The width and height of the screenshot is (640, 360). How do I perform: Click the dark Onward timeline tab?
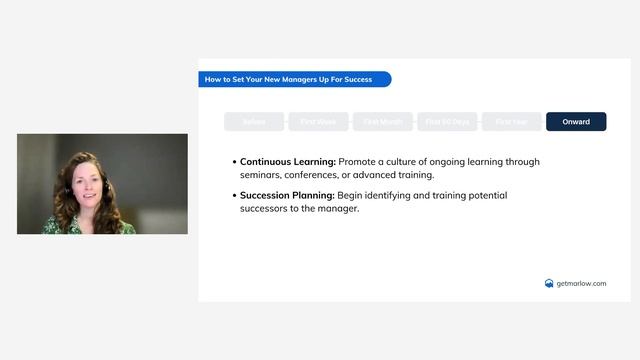click(x=576, y=122)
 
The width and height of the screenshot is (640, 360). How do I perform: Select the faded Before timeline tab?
click(x=254, y=122)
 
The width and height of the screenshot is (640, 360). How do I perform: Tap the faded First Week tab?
click(x=318, y=122)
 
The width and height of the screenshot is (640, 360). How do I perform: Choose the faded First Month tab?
click(x=383, y=122)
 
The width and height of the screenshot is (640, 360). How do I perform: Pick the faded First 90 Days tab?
click(x=447, y=122)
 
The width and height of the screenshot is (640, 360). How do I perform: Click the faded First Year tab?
click(x=511, y=122)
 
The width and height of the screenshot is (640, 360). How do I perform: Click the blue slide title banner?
click(x=294, y=79)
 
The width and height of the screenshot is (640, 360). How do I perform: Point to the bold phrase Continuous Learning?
click(x=288, y=161)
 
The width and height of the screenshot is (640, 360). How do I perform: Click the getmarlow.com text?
click(x=581, y=283)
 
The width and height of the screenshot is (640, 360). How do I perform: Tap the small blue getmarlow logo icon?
click(x=549, y=283)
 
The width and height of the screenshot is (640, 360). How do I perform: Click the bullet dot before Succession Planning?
click(x=234, y=196)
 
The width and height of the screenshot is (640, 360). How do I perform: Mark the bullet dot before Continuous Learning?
click(x=234, y=162)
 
